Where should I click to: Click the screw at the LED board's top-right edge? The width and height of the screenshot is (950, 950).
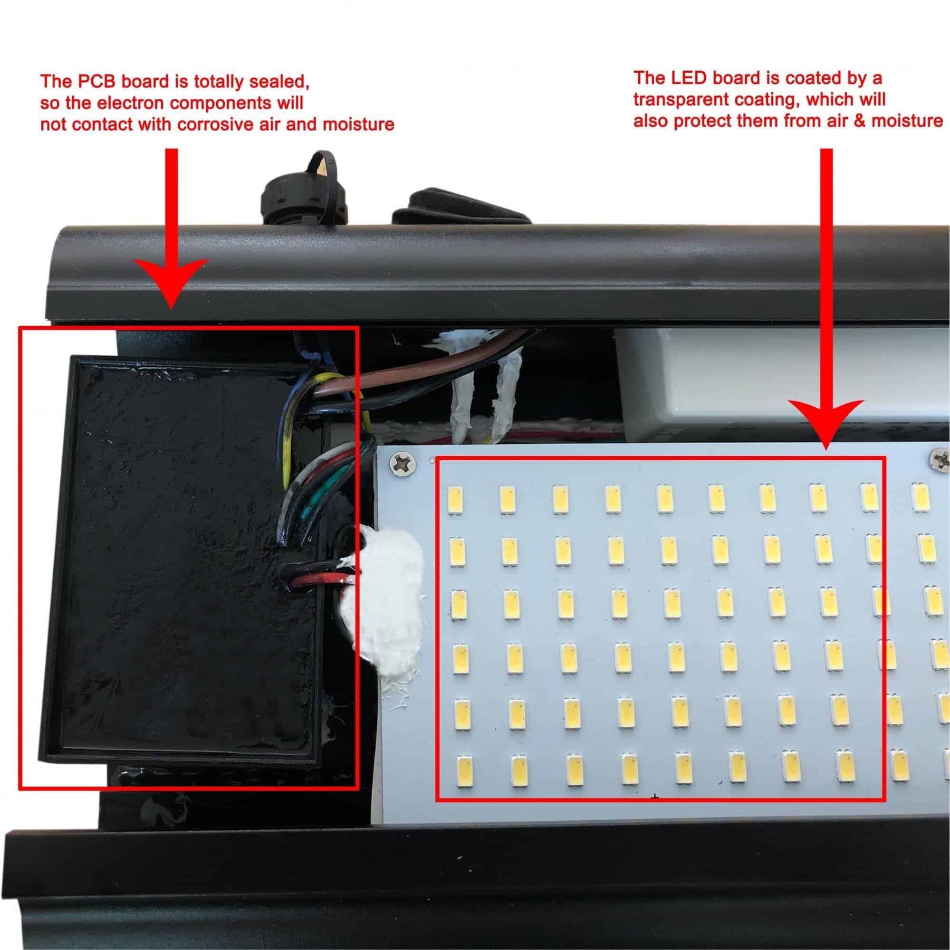coord(939,460)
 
